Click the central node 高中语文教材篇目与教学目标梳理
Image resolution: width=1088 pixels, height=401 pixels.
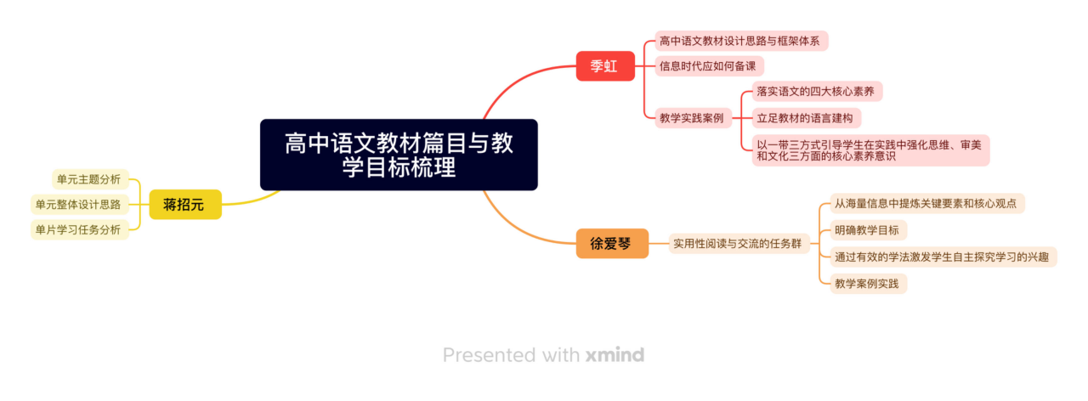coord(399,155)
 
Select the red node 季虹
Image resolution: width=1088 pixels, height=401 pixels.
coord(605,66)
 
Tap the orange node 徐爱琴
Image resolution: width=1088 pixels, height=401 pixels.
coord(612,244)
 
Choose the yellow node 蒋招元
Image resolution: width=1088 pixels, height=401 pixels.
coord(184,204)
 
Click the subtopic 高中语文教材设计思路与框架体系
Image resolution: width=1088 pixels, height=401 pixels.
coord(741,41)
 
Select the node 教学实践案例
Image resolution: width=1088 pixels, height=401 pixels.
coord(691,118)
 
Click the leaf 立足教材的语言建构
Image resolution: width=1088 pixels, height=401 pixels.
coord(804,117)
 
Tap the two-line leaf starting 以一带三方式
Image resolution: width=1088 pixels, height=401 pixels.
coord(870,150)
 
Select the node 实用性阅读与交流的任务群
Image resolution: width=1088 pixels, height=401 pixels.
coord(737,244)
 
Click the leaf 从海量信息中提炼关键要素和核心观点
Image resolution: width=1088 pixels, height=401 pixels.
coord(927,204)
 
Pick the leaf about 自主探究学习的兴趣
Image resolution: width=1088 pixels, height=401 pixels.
coord(941,257)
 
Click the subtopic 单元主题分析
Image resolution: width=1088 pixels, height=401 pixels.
coord(89,178)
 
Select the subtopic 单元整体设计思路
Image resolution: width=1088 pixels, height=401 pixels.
coord(78,204)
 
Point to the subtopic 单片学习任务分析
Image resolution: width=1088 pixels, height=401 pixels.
coord(78,229)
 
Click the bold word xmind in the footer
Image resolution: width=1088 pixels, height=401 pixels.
coord(615,355)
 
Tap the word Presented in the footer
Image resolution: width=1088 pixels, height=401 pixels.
coord(490,355)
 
